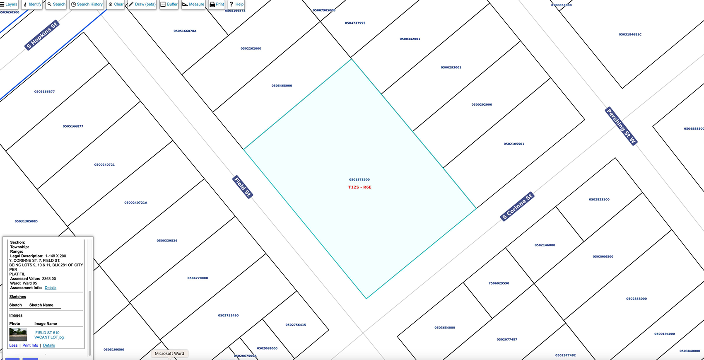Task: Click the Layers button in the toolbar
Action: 9,4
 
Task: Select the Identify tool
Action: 32,4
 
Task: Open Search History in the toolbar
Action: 87,4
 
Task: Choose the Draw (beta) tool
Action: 142,4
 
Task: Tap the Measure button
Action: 193,4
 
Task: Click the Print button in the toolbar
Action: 217,4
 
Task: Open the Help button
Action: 236,4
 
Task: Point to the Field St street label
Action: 243,187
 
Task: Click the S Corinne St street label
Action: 517,207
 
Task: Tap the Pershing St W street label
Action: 621,126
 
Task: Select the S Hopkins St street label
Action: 42,36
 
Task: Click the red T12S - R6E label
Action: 359,187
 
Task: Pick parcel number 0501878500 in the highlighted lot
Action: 359,180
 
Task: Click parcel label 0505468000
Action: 282,86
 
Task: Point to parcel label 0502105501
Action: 514,144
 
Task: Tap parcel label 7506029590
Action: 499,283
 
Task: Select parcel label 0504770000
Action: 198,278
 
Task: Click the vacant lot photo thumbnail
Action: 18,334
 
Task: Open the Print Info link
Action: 30,346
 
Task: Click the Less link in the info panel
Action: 13,346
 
